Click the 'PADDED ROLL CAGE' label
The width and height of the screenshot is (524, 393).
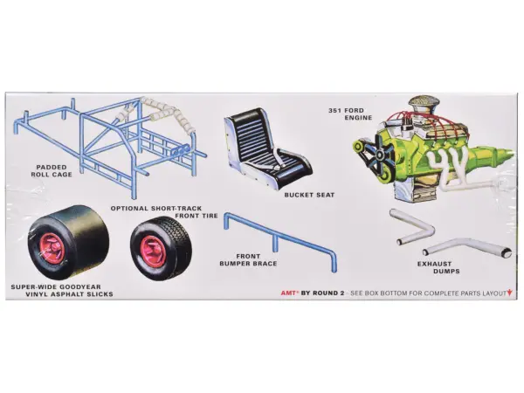pos(52,170)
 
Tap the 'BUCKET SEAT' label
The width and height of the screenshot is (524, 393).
pos(309,195)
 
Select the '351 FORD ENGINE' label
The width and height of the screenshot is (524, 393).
pos(350,114)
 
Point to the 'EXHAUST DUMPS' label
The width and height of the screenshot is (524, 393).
pos(438,267)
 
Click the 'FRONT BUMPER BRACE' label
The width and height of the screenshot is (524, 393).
pos(248,259)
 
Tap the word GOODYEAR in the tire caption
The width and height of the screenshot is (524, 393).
pos(84,286)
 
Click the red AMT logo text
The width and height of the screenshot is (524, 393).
pos(289,293)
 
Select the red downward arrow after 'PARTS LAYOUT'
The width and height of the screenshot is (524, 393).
pos(509,293)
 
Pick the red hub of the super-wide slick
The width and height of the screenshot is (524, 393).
pos(52,248)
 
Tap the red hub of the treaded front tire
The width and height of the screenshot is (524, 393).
pos(152,251)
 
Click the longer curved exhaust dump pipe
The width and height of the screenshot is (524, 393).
pos(467,247)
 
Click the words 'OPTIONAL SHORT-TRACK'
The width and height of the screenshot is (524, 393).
pos(156,208)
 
